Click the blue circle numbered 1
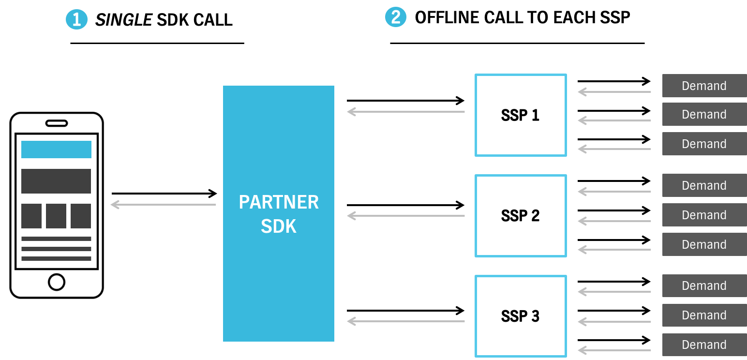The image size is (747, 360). coord(76,20)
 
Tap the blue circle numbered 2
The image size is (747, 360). coord(396,17)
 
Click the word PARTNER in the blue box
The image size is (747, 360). coord(279,202)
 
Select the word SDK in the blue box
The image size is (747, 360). coord(279,226)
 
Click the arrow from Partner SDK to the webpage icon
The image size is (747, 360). coord(164,205)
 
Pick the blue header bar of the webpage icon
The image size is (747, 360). coord(56,150)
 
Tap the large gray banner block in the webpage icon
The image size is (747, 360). coord(56,181)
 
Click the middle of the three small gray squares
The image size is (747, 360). coord(56,216)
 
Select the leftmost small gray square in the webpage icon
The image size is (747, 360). coord(31,216)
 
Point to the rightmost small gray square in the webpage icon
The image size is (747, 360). coord(81,216)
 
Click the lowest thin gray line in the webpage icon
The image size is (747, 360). coord(56,258)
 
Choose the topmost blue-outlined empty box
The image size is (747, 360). coord(521,115)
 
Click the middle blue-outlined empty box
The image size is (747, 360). coord(521,216)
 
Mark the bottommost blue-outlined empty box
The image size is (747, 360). coord(521,316)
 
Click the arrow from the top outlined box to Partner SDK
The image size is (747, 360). coord(406,112)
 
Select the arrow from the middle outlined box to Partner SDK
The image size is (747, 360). coord(406,216)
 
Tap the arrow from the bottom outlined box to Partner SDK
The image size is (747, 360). coord(406,321)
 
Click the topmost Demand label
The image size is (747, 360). coord(704,86)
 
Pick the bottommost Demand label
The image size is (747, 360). coord(704,345)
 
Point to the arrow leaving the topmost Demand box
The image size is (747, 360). coord(614,91)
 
